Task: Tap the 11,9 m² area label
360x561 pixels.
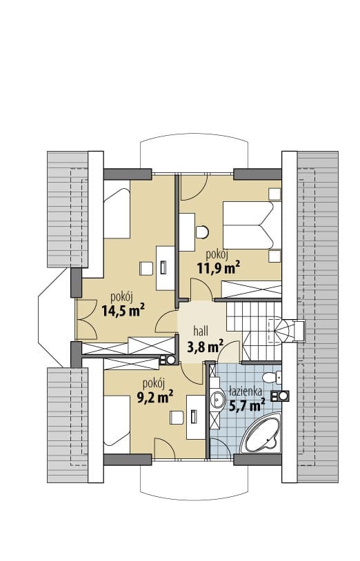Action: tap(219, 267)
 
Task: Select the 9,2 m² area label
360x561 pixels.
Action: tap(155, 396)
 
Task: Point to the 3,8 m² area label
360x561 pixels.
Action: tap(205, 346)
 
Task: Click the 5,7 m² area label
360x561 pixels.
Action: tap(247, 405)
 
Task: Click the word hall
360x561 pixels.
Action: tap(201, 331)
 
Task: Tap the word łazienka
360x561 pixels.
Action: tap(246, 391)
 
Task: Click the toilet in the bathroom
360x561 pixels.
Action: tap(272, 377)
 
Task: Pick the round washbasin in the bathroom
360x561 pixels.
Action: tap(217, 399)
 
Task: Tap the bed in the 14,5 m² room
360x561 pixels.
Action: tap(117, 209)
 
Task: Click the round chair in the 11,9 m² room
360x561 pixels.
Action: tap(203, 232)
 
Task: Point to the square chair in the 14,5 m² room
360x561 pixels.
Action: tap(146, 268)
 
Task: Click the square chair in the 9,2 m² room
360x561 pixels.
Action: tap(177, 418)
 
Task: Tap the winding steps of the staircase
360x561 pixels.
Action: tap(281, 330)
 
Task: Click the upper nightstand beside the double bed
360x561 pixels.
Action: tap(274, 194)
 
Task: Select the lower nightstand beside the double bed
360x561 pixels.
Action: tap(274, 256)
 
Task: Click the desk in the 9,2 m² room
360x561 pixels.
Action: tap(196, 417)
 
